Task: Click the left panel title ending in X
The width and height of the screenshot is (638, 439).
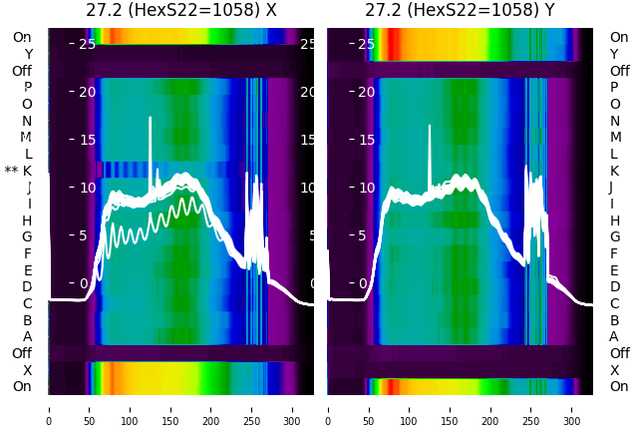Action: coord(180,11)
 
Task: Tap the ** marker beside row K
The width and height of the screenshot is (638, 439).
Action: coord(11,172)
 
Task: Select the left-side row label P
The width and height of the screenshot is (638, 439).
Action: coord(27,88)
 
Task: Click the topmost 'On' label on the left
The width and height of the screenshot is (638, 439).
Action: coord(22,37)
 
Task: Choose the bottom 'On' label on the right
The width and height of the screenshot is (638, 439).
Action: coord(619,386)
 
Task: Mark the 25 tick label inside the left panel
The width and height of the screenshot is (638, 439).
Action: coord(86,44)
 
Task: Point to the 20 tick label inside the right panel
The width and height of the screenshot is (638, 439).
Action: coord(365,92)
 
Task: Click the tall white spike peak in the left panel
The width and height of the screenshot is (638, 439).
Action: coord(151,118)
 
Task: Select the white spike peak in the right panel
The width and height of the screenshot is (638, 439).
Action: coord(430,126)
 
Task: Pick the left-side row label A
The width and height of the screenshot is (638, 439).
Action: coord(27,336)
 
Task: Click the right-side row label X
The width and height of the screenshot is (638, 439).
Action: coord(614,370)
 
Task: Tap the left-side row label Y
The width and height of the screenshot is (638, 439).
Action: coord(28,54)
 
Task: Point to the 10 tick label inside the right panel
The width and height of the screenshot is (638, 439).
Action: coord(365,188)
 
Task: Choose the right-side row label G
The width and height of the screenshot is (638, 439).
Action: coord(614,236)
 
